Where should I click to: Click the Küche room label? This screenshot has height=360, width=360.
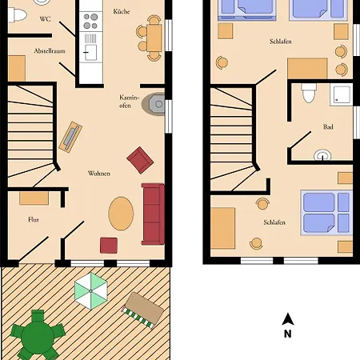pyautogui.click(x=122, y=12)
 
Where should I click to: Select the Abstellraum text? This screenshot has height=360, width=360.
pyautogui.click(x=49, y=50)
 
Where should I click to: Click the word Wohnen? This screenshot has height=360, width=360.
pyautogui.click(x=99, y=174)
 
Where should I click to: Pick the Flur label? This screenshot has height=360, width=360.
pyautogui.click(x=34, y=218)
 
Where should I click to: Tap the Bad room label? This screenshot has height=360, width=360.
pyautogui.click(x=328, y=126)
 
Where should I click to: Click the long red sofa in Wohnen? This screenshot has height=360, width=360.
pyautogui.click(x=152, y=214)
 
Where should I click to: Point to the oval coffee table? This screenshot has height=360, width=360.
pyautogui.click(x=122, y=214)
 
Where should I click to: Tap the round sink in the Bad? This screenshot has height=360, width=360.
pyautogui.click(x=323, y=155)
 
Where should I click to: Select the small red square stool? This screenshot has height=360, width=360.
pyautogui.click(x=109, y=245)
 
